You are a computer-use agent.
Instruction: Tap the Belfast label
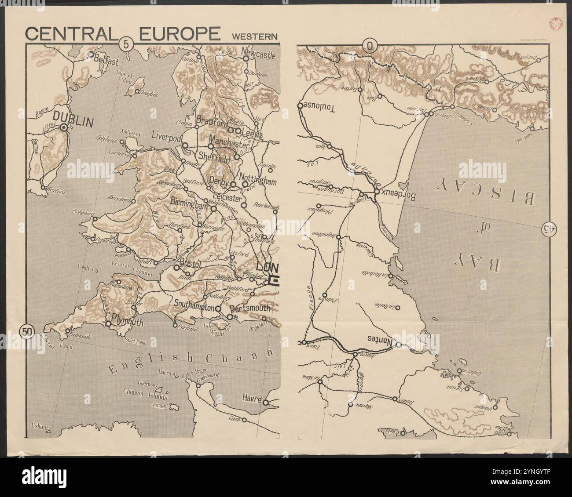pyautogui.click(x=106, y=62)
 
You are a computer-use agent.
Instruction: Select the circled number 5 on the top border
pyautogui.click(x=126, y=44)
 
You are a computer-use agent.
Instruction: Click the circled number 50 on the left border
pyautogui.click(x=26, y=331)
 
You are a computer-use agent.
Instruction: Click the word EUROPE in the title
pyautogui.click(x=179, y=34)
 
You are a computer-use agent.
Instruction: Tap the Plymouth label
pyautogui.click(x=128, y=322)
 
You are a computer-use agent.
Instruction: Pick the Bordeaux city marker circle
pyautogui.click(x=377, y=192)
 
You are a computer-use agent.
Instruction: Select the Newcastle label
pyautogui.click(x=259, y=56)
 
